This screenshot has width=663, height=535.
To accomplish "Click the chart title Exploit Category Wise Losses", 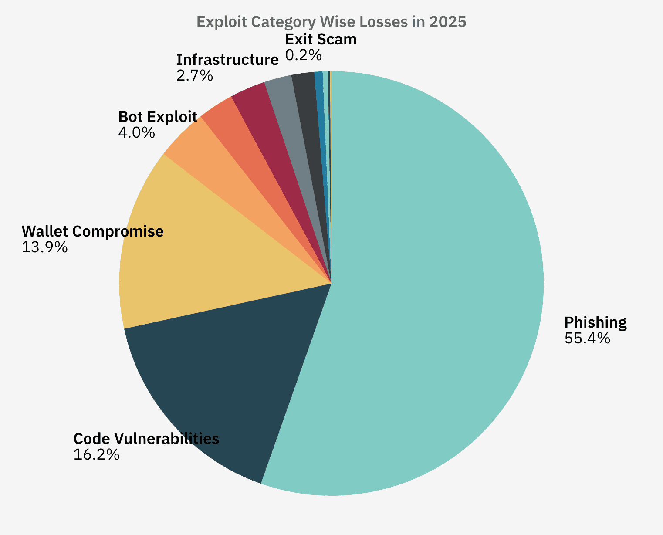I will pyautogui.click(x=331, y=22).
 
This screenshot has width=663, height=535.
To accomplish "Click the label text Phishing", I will pyautogui.click(x=595, y=322).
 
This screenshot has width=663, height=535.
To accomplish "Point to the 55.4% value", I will pyautogui.click(x=587, y=339).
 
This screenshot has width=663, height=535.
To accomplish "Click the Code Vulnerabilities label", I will pyautogui.click(x=146, y=438).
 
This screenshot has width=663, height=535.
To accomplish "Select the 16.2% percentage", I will pyautogui.click(x=96, y=455).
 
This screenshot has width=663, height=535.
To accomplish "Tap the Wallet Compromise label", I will pyautogui.click(x=93, y=231).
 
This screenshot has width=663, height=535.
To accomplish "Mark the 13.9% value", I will pyautogui.click(x=44, y=247).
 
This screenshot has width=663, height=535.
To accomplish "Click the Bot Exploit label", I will pyautogui.click(x=158, y=117).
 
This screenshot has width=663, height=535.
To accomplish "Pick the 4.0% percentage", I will pyautogui.click(x=136, y=133).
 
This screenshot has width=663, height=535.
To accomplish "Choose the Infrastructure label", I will pyautogui.click(x=227, y=60).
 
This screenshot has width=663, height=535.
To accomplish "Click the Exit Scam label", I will pyautogui.click(x=321, y=39).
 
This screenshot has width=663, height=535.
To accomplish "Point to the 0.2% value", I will pyautogui.click(x=304, y=55).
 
